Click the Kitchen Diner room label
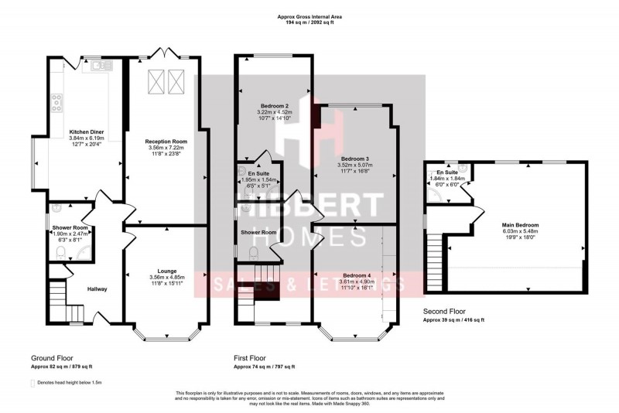pyautogui.click(x=87, y=132)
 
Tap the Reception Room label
pyautogui.click(x=166, y=142)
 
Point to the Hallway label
pyautogui.click(x=97, y=289)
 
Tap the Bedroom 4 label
pyautogui.click(x=357, y=276)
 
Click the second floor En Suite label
pyautogui.click(x=446, y=172)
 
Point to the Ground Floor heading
pyautogui.click(x=52, y=359)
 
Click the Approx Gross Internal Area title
pyautogui.click(x=309, y=15)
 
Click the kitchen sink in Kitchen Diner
pyautogui.click(x=98, y=67)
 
